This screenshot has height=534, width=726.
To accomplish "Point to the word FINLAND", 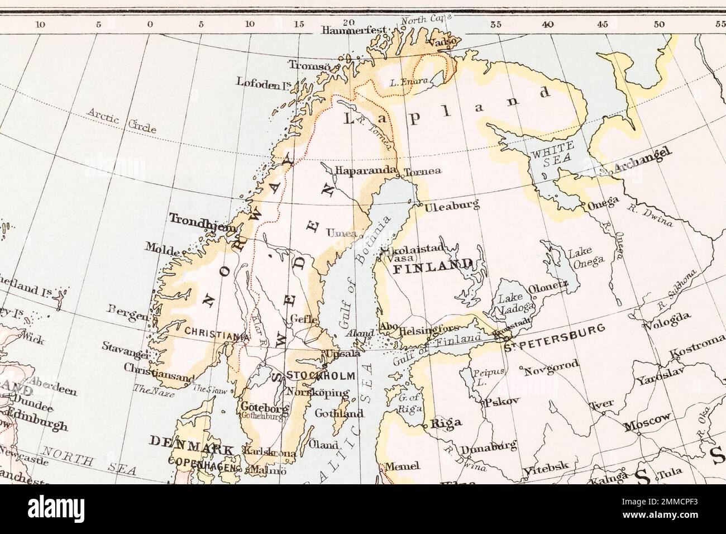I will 433,267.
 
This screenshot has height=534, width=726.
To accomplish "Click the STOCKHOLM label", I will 319,375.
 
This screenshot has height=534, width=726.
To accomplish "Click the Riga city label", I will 445,423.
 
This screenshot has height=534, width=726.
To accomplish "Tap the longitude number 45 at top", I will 602,25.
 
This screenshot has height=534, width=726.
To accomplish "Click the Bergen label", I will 128,316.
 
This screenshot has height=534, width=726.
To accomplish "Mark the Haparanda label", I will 365,169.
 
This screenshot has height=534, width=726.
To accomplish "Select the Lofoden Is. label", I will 260,84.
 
